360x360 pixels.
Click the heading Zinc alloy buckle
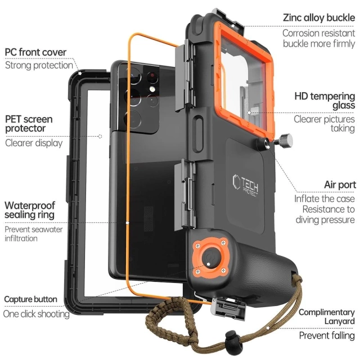[x=318, y=17]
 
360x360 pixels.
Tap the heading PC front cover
[x=35, y=52]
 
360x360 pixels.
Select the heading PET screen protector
[x=30, y=124]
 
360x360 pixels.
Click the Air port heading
[x=339, y=184]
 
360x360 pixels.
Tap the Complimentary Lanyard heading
[x=326, y=316]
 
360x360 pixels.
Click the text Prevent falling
[x=326, y=336]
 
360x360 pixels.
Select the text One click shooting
[x=36, y=314]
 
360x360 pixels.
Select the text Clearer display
[x=34, y=143]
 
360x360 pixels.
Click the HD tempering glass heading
[x=324, y=100]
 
